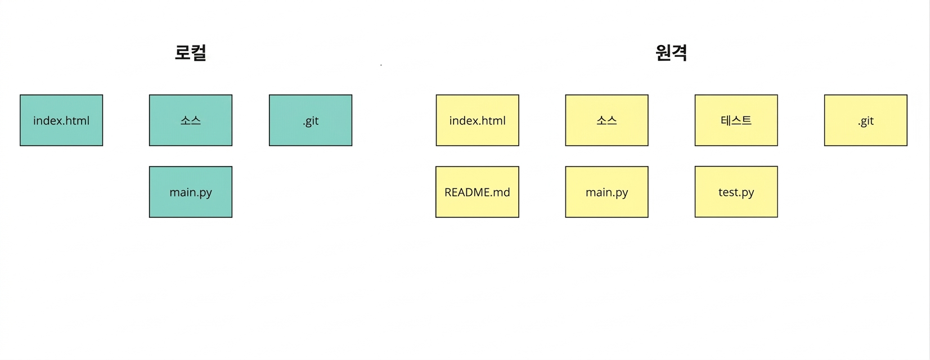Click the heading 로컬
pyautogui.click(x=191, y=53)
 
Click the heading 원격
pyautogui.click(x=671, y=53)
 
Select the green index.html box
pyautogui.click(x=61, y=120)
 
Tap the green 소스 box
pyautogui.click(x=191, y=120)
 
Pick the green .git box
pyautogui.click(x=311, y=120)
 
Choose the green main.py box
pyautogui.click(x=191, y=192)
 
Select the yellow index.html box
pyautogui.click(x=478, y=120)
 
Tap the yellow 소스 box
pyautogui.click(x=606, y=120)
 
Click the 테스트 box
pyautogui.click(x=736, y=120)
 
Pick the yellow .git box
pyautogui.click(x=866, y=120)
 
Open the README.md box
pyautogui.click(x=478, y=192)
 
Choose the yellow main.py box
pyautogui.click(x=606, y=192)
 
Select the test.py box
pyautogui.click(x=736, y=192)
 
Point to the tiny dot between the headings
pyautogui.click(x=381, y=65)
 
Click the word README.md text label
pyautogui.click(x=478, y=192)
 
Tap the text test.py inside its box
pyautogui.click(x=736, y=193)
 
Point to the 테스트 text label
pyautogui.click(x=736, y=120)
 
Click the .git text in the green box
pyautogui.click(x=311, y=121)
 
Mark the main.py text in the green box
pyautogui.click(x=191, y=193)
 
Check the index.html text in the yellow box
pyautogui.click(x=478, y=121)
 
